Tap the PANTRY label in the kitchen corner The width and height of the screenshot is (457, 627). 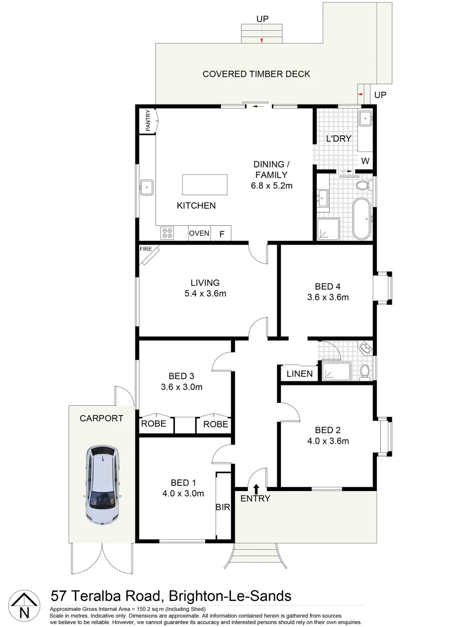pyautogui.click(x=148, y=121)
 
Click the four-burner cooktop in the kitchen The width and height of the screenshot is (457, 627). pyautogui.click(x=167, y=233)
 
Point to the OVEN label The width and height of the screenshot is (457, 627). pyautogui.click(x=199, y=233)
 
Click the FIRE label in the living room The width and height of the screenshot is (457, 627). pyautogui.click(x=146, y=249)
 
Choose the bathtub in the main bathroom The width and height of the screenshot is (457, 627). pyautogui.click(x=362, y=219)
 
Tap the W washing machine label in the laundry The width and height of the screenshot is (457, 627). pyautogui.click(x=365, y=160)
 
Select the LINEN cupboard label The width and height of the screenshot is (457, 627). pyautogui.click(x=299, y=374)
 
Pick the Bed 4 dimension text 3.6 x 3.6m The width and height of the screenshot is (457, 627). pyautogui.click(x=328, y=298)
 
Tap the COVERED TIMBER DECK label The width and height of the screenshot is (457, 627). pyautogui.click(x=256, y=74)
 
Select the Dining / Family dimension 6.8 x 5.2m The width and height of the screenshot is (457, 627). pyautogui.click(x=270, y=186)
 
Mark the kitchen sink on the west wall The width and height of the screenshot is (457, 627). pyautogui.click(x=146, y=187)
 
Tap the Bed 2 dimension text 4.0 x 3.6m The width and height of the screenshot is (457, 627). pyautogui.click(x=328, y=441)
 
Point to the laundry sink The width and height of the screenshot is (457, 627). pyautogui.click(x=366, y=118)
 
